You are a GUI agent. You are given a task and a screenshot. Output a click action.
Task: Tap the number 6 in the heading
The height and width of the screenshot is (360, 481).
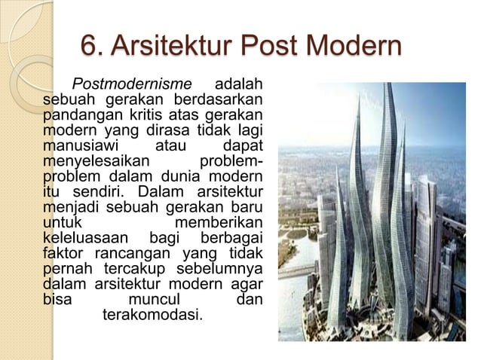(x=89, y=47)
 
